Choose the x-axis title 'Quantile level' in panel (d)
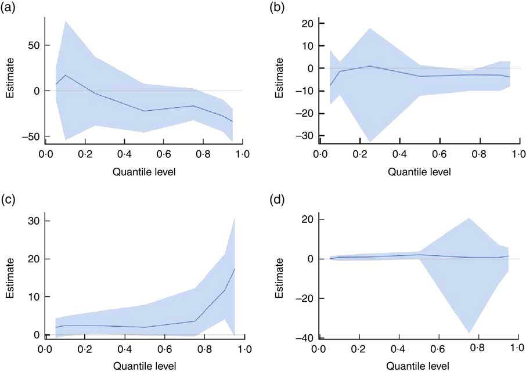click(418, 366)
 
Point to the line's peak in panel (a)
click(66, 75)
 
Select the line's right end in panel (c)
click(234, 269)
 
